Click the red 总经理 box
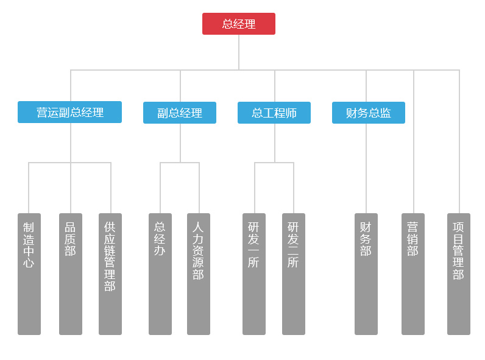pyautogui.click(x=238, y=24)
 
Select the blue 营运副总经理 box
pyautogui.click(x=69, y=112)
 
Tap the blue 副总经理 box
pyautogui.click(x=179, y=113)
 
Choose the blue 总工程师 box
pyautogui.click(x=274, y=113)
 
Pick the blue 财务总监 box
pyautogui.click(x=368, y=113)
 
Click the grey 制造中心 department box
pyautogui.click(x=29, y=274)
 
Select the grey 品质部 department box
pyautogui.click(x=71, y=274)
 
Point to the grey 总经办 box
pyautogui.click(x=160, y=274)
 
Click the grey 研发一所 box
pyautogui.click(x=254, y=274)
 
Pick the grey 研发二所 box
pyautogui.click(x=294, y=274)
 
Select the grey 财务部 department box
pyautogui.click(x=366, y=274)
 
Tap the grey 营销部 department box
pyautogui.click(x=413, y=274)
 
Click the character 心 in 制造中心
pyautogui.click(x=29, y=263)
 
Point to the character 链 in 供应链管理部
pyautogui.click(x=110, y=250)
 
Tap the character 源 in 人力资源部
pyautogui.click(x=199, y=263)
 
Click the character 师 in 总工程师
pyautogui.click(x=291, y=113)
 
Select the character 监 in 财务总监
pyautogui.click(x=385, y=113)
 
